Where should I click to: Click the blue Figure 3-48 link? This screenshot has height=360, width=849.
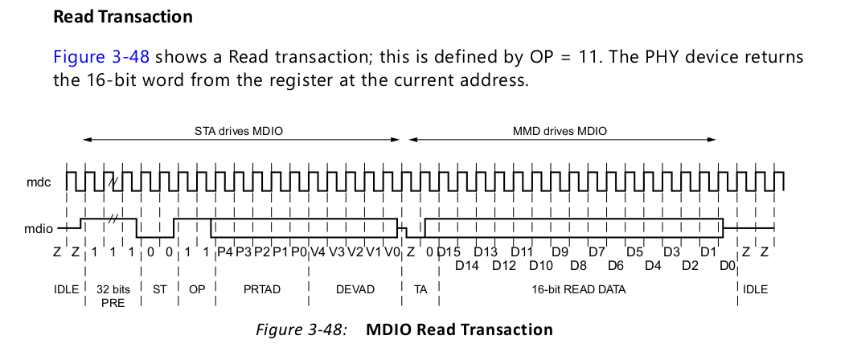click(101, 58)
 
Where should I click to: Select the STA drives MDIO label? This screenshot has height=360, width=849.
click(241, 130)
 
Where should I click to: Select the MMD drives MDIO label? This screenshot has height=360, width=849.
click(560, 130)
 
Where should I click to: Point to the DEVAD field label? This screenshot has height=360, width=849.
click(355, 288)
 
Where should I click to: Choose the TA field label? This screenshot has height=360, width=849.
click(420, 288)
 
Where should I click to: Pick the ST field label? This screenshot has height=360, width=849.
click(159, 288)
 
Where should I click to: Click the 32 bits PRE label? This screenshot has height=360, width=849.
click(113, 295)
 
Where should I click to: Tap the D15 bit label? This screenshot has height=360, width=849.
click(449, 252)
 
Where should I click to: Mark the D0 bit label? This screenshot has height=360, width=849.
click(727, 265)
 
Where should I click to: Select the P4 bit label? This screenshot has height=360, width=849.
click(224, 252)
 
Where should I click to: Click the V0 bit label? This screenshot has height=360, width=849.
click(392, 252)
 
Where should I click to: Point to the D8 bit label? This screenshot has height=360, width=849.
click(579, 265)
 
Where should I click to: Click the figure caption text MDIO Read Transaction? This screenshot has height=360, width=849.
click(460, 329)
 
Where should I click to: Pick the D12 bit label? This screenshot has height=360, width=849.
click(504, 265)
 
